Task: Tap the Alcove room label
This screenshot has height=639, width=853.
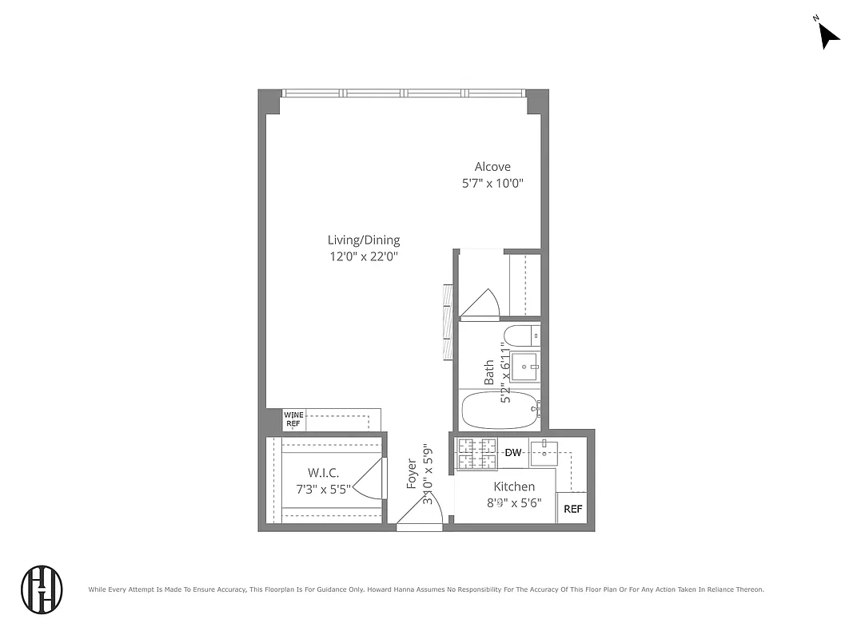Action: pos(492,167)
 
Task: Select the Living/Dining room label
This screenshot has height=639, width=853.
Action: pos(364,240)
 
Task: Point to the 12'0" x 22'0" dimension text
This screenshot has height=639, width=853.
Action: pos(364,256)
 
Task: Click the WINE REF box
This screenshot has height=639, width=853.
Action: pos(293,419)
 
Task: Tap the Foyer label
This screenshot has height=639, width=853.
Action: pos(412,474)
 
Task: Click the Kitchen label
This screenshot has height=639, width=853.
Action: pos(514,486)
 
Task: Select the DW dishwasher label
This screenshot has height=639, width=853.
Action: pos(513,453)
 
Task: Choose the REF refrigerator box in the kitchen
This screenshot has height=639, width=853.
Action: pos(572,509)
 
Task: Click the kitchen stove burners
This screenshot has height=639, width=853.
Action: pos(477,454)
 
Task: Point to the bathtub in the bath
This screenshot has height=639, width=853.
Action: pos(500,410)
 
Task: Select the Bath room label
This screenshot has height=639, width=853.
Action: pos(488,372)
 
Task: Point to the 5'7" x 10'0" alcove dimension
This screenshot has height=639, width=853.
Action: pos(492,184)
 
